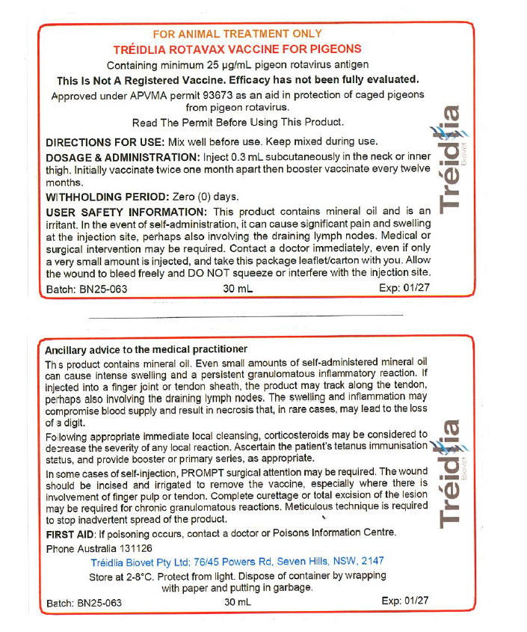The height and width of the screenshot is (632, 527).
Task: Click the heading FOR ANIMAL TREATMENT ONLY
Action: click(x=237, y=34)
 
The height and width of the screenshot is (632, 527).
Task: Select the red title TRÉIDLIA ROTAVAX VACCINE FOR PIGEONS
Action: click(x=237, y=49)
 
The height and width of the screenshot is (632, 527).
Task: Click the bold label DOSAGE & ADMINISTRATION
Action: click(x=123, y=157)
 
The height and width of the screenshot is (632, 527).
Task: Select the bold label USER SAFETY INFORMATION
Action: click(x=127, y=212)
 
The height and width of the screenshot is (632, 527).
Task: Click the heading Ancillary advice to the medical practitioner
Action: click(x=146, y=349)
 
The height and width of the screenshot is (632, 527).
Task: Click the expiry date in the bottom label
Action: click(x=404, y=601)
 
